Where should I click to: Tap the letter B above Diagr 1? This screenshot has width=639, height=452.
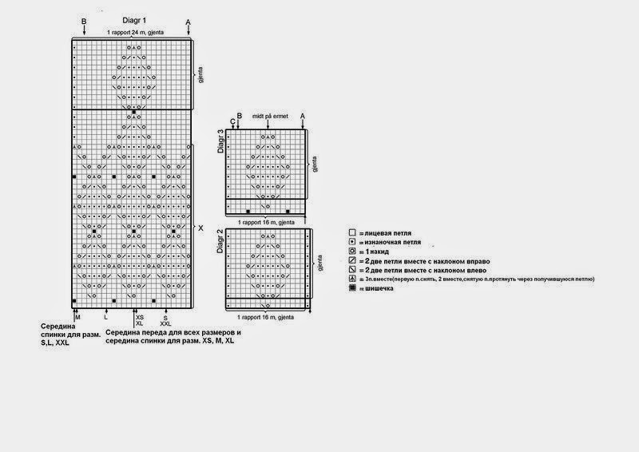84,21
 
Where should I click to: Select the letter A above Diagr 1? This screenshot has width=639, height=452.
188,21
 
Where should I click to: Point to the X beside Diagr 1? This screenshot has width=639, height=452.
200,228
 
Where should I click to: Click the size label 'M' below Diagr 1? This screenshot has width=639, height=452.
78,317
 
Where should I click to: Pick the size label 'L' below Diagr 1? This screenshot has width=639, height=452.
105,317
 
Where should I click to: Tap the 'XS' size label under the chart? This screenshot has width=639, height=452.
140,317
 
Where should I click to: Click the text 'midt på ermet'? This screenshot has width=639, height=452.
268,116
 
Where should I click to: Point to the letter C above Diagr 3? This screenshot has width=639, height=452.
232,122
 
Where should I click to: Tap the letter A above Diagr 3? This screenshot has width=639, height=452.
303,116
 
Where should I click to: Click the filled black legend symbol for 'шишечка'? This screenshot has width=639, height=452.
351,288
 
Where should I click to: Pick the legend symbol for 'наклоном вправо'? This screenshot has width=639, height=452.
351,260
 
